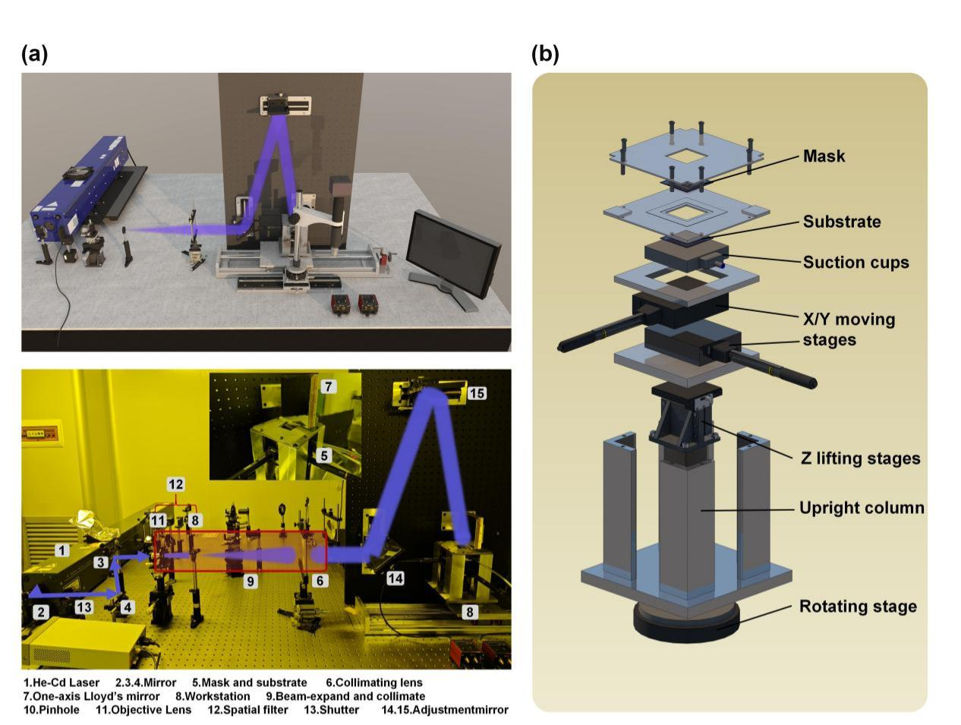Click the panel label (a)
[x=35, y=55]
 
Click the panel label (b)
[x=545, y=55]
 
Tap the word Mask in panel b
[x=824, y=156]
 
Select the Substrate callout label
[x=842, y=222]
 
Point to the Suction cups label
[x=855, y=263]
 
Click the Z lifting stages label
[x=860, y=459]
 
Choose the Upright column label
[x=862, y=508]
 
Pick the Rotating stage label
[x=858, y=607]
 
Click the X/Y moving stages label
[x=849, y=329]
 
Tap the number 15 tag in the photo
[x=476, y=393]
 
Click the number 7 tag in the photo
[x=327, y=386]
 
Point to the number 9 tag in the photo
[x=250, y=582]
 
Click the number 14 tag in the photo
[x=395, y=578]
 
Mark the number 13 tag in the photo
[x=84, y=607]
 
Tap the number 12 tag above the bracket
[x=175, y=484]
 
